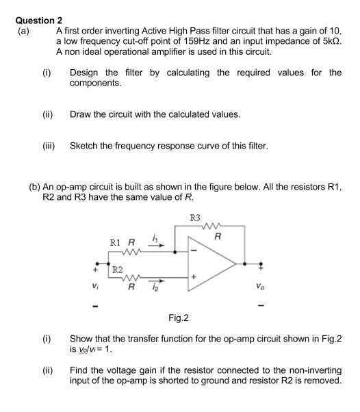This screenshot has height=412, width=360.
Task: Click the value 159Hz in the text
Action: click(219, 42)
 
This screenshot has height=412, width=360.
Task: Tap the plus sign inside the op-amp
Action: click(194, 277)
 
